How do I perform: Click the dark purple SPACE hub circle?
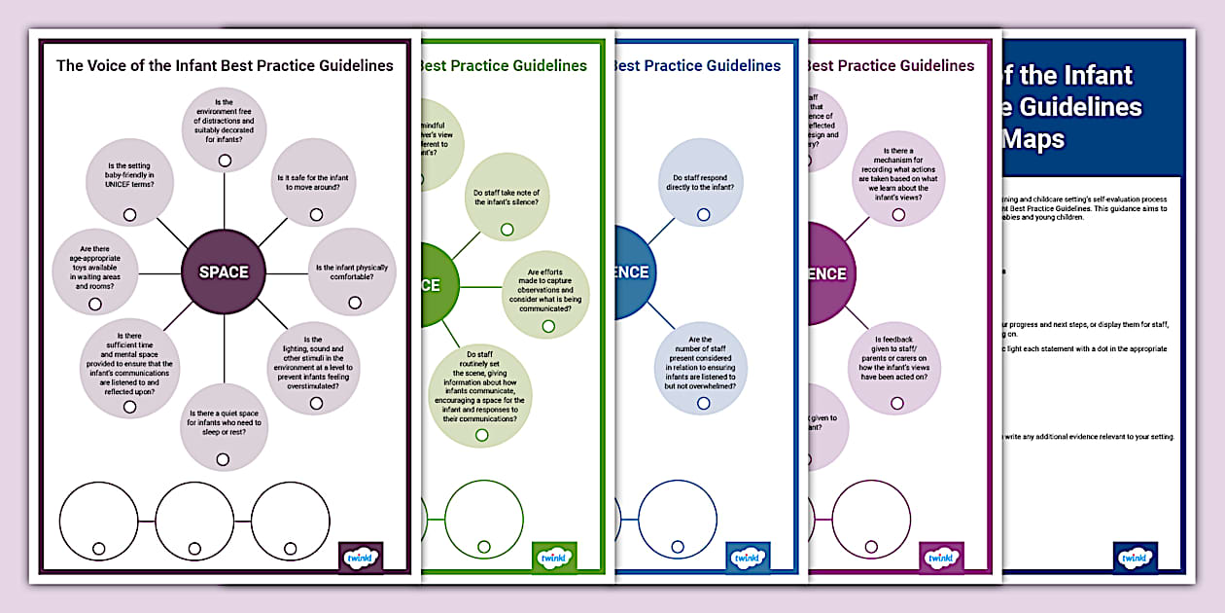tap(224, 272)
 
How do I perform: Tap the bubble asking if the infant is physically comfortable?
tap(351, 272)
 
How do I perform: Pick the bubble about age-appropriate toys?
tap(96, 272)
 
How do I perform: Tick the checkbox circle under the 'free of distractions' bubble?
tap(225, 161)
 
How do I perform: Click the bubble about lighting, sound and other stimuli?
tap(313, 367)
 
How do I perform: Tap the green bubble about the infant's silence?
tap(507, 200)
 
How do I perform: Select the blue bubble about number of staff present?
tap(700, 369)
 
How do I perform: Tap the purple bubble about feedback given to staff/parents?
tap(894, 369)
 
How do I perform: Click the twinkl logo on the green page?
tap(555, 558)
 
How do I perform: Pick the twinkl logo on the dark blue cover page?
tap(1135, 558)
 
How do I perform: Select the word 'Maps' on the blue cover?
tap(1033, 139)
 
